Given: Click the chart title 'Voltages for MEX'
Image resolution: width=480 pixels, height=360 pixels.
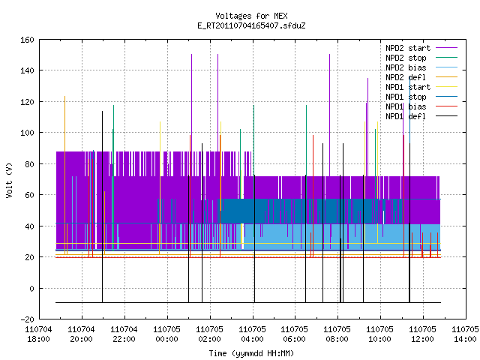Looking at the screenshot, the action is pyautogui.click(x=251, y=16).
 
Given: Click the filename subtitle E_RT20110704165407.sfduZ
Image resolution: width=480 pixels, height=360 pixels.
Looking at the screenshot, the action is pyautogui.click(x=251, y=25).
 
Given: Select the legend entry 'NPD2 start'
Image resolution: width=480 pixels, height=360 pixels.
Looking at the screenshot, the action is pyautogui.click(x=408, y=48).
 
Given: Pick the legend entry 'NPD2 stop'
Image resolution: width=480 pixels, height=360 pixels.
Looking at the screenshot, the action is pyautogui.click(x=406, y=58).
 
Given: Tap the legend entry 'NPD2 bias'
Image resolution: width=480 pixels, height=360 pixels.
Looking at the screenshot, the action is pyautogui.click(x=406, y=67).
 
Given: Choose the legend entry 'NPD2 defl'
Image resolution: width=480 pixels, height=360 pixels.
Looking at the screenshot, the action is pyautogui.click(x=406, y=77).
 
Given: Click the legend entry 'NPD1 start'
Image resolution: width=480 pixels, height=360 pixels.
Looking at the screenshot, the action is pyautogui.click(x=408, y=87).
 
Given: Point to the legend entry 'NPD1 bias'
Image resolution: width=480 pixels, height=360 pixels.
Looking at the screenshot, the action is pyautogui.click(x=406, y=106).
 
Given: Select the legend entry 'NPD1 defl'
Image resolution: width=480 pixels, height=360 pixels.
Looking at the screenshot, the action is pyautogui.click(x=406, y=117).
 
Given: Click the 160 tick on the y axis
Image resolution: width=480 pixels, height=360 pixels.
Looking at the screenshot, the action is pyautogui.click(x=27, y=40).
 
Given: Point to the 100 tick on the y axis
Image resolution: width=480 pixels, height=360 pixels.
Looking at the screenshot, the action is pyautogui.click(x=27, y=133).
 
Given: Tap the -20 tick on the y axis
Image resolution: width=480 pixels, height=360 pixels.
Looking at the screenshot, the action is pyautogui.click(x=27, y=319).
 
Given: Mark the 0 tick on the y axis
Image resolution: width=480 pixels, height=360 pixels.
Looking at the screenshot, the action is pyautogui.click(x=31, y=288).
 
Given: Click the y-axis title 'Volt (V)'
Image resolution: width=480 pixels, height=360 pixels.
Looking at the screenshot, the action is pyautogui.click(x=10, y=180).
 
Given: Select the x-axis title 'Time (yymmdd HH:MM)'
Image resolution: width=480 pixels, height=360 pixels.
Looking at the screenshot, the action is pyautogui.click(x=251, y=353).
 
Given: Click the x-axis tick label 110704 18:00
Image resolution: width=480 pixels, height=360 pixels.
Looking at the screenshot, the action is pyautogui.click(x=38, y=334).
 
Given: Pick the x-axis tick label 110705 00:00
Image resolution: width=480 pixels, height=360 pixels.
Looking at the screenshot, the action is pyautogui.click(x=166, y=334).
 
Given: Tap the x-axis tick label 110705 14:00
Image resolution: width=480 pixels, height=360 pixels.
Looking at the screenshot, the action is pyautogui.click(x=465, y=334).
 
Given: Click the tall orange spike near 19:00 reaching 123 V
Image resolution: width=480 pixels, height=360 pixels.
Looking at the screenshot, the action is pyautogui.click(x=65, y=175).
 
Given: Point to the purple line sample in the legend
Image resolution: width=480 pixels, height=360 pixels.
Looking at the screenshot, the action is pyautogui.click(x=446, y=48).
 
